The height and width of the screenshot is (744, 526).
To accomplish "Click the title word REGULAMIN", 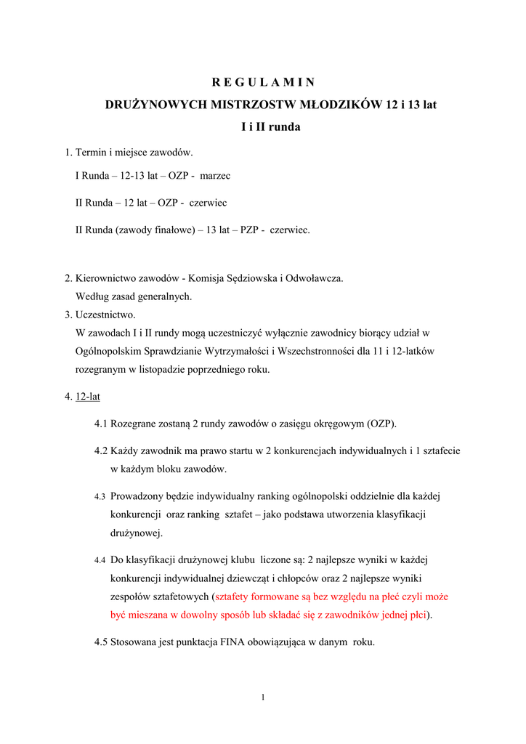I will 263,82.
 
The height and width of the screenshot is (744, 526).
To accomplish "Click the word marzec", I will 215,176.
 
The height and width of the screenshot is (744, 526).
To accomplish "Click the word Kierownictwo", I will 108,278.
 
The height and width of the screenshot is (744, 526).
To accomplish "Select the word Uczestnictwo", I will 105,315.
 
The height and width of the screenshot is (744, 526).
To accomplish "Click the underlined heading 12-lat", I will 88,397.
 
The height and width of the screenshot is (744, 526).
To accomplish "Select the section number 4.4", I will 100,560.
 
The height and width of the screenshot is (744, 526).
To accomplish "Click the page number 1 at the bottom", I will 263,698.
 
